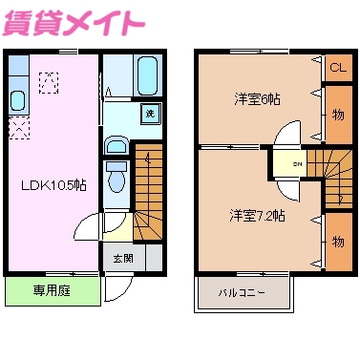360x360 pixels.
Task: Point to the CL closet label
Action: click(x=337, y=68)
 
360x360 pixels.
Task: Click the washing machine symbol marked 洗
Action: click(x=149, y=114)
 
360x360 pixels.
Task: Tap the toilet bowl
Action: click(x=117, y=178)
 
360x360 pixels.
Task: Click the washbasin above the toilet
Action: click(x=116, y=146)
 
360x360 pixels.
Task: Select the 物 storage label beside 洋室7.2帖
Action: click(x=337, y=242)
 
